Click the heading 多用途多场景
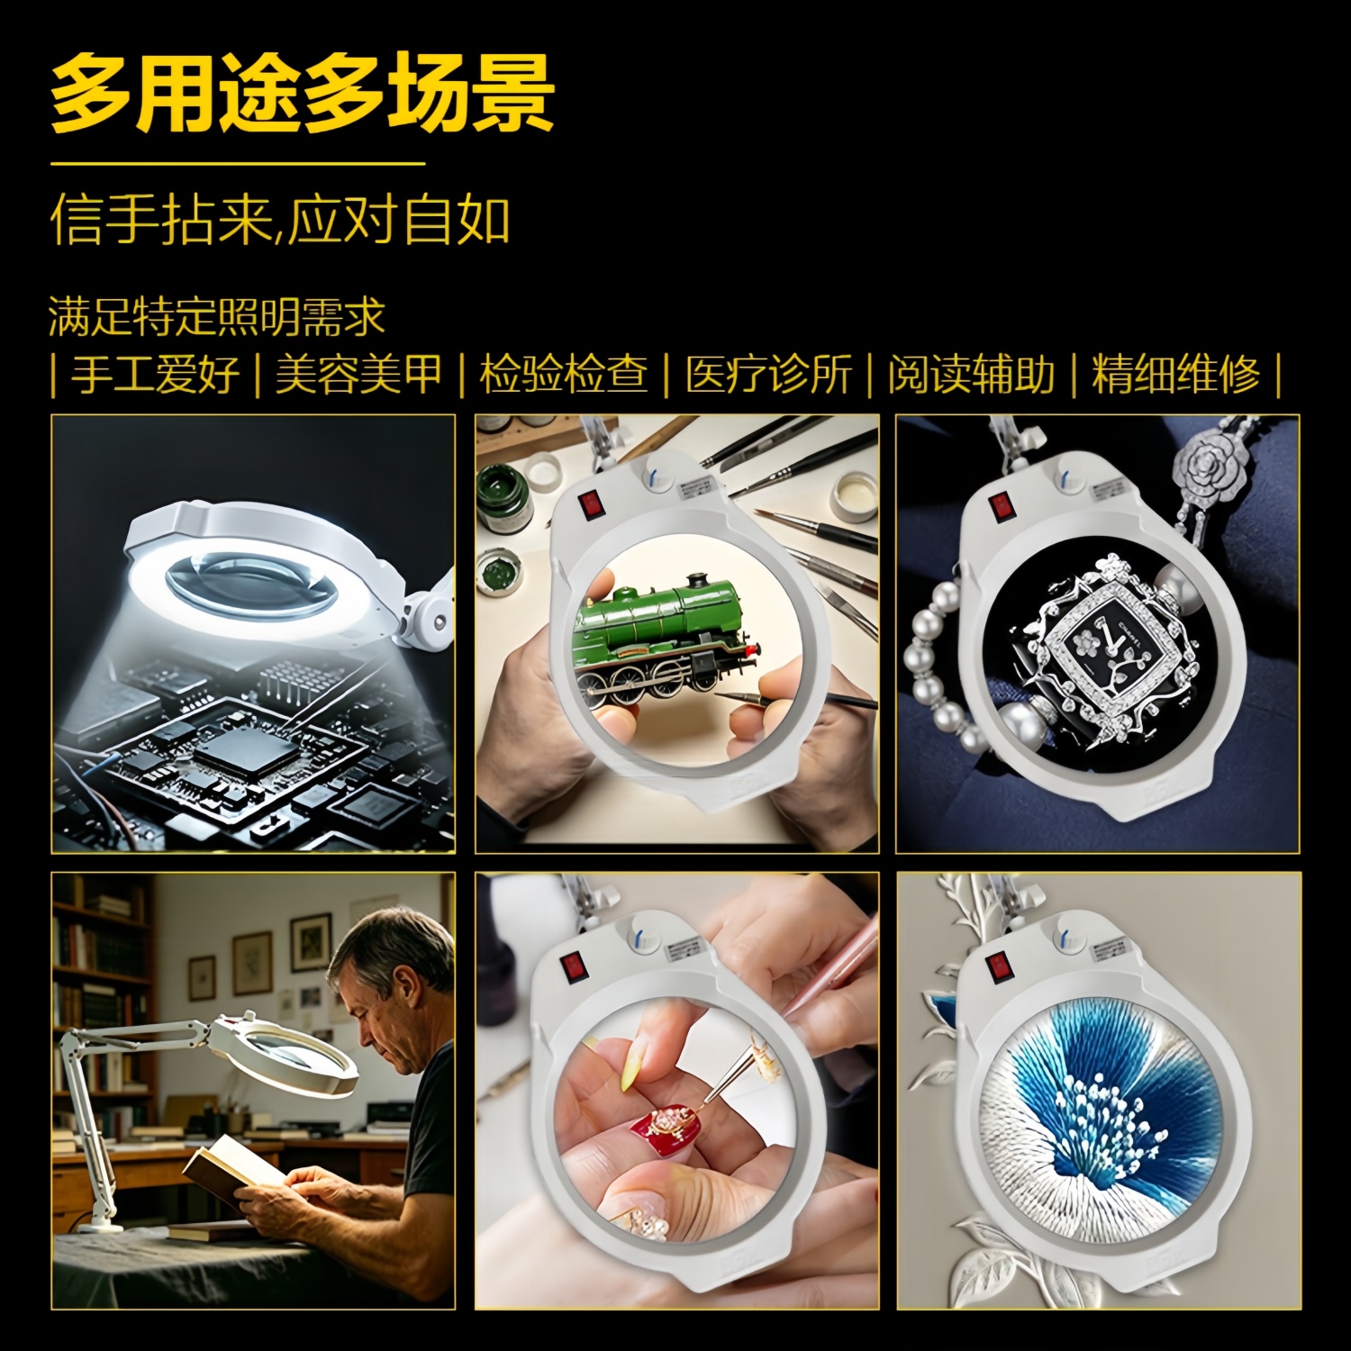pos(302,93)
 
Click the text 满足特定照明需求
pos(217,316)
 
